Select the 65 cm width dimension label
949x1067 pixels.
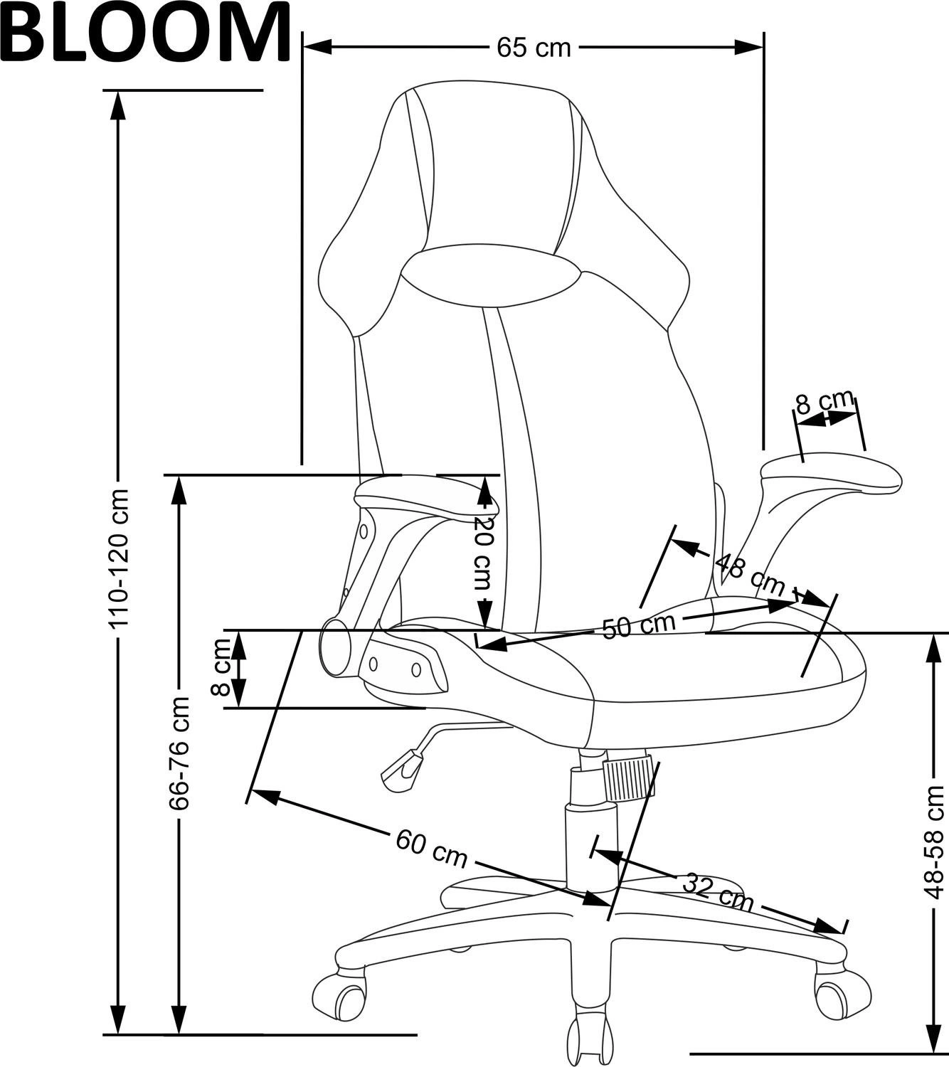coord(534,48)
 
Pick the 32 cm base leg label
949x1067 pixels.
coord(717,892)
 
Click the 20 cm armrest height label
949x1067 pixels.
coord(483,552)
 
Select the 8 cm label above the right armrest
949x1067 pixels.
coord(824,403)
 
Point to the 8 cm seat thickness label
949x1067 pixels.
coord(222,667)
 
